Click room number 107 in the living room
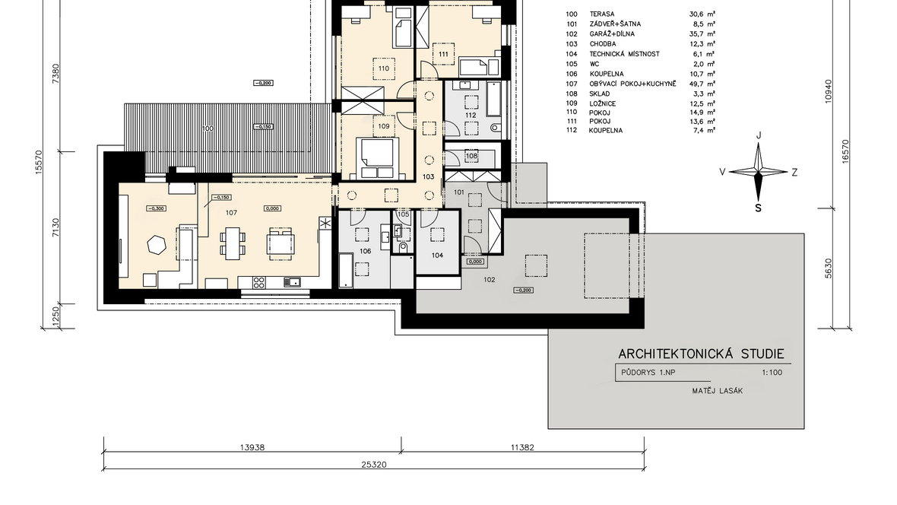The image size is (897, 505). click(231, 212)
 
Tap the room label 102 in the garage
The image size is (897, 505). click(489, 279)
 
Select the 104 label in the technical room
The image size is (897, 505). click(437, 256)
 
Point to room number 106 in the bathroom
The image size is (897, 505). click(366, 251)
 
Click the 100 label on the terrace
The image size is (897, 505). click(208, 129)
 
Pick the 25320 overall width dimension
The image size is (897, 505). click(373, 465)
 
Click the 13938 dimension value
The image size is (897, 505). click(252, 447)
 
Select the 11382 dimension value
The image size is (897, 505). click(522, 447)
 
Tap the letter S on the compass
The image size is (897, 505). click(759, 208)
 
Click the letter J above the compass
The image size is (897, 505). click(759, 135)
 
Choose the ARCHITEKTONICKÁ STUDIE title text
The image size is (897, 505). click(702, 354)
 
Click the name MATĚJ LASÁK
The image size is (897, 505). click(718, 390)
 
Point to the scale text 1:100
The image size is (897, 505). click(772, 372)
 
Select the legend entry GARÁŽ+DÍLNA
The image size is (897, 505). click(612, 33)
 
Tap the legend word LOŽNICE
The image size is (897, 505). click(602, 103)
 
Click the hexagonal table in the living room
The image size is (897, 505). click(157, 245)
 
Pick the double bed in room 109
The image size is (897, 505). click(377, 157)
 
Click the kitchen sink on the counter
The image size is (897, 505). click(293, 281)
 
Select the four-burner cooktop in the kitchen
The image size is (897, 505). click(258, 281)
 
